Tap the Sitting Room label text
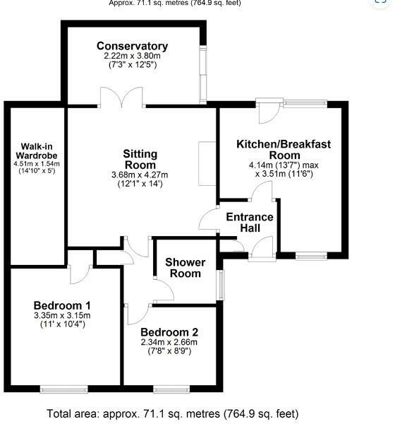tap(140, 160)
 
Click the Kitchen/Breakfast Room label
tap(284, 149)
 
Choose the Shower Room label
tap(186, 268)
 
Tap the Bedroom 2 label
tap(169, 332)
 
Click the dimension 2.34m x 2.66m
tap(169, 343)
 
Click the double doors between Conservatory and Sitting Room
tap(123, 98)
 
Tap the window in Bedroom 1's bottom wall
tap(63, 388)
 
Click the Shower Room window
tap(221, 283)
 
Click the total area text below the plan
tap(173, 413)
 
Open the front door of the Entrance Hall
tap(261, 249)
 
